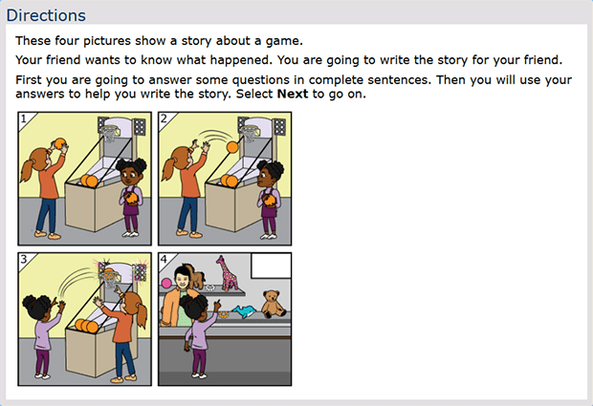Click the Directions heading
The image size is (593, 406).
46,15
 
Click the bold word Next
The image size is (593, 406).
293,94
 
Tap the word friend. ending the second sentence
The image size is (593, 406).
540,60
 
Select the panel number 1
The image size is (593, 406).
24,119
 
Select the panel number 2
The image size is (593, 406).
164,119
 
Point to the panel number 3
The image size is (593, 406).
24,259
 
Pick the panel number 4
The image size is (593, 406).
164,259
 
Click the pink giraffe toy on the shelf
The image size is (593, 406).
227,272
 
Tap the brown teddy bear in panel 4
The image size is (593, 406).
274,304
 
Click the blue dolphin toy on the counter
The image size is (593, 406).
244,311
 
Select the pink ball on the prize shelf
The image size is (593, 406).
166,283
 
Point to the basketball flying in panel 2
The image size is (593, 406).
232,147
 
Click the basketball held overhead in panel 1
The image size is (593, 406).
59,144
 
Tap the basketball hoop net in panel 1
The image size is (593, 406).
110,134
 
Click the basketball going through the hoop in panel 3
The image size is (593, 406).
109,273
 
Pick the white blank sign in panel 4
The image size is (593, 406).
271,266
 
